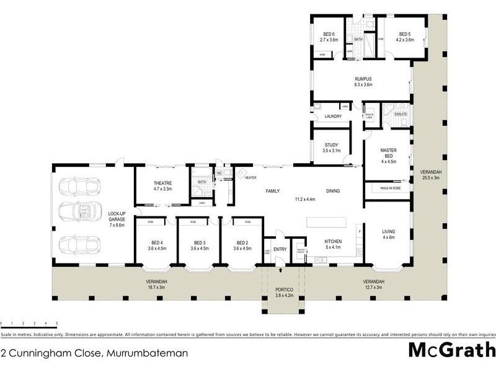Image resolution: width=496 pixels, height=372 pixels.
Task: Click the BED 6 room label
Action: (x=329, y=35)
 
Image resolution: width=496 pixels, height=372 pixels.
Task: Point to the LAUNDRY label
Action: (x=333, y=117)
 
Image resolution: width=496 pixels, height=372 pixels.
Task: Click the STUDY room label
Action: (x=330, y=145)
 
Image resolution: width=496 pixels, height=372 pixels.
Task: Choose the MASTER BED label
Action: (x=388, y=154)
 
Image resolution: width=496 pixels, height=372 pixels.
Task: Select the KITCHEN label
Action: (x=334, y=242)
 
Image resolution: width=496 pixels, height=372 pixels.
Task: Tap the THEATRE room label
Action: (x=162, y=184)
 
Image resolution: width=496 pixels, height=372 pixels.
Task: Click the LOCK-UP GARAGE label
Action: (x=117, y=215)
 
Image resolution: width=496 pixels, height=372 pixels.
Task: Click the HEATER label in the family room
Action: (x=250, y=178)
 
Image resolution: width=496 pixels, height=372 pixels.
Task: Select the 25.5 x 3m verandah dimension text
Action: (x=429, y=178)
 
